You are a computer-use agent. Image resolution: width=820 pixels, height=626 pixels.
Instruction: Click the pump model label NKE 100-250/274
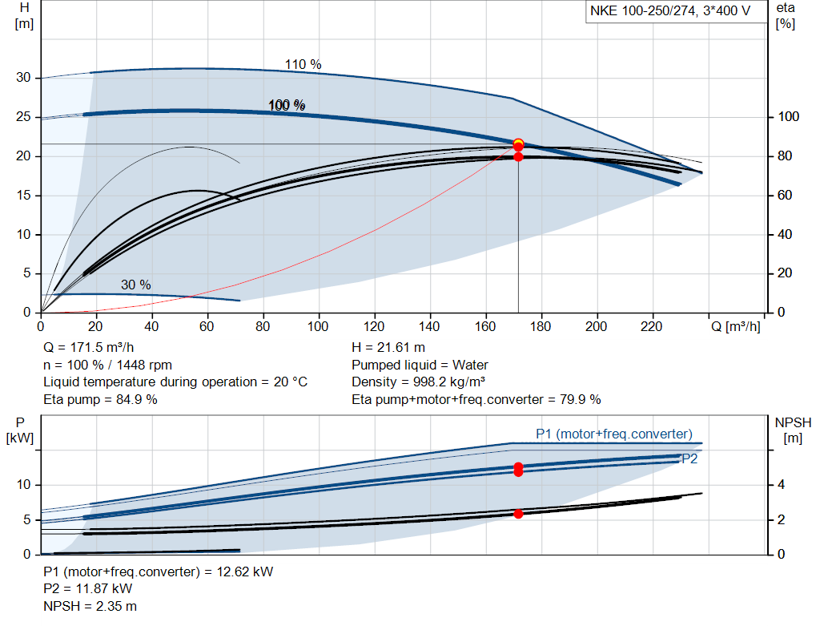(x=643, y=11)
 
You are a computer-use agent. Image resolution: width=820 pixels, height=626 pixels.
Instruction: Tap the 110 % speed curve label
(x=303, y=64)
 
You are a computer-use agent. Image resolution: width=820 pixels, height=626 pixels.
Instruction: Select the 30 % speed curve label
(x=136, y=285)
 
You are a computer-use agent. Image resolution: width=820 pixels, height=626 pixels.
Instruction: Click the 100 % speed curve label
(x=287, y=105)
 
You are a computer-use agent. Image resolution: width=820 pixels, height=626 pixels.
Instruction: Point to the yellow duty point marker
(x=518, y=143)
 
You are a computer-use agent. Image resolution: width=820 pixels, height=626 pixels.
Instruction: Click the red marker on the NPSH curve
(x=518, y=514)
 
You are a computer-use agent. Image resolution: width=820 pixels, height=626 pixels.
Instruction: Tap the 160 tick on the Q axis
(x=485, y=326)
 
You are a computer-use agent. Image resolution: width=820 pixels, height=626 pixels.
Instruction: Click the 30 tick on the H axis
(x=23, y=78)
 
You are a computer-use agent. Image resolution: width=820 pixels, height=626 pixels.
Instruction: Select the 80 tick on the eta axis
(x=785, y=156)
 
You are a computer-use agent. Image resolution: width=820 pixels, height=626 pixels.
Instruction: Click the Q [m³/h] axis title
(x=735, y=326)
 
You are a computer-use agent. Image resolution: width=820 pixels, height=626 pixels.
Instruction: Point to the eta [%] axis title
(x=786, y=16)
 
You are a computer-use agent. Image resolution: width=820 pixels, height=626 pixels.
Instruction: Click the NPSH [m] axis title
(x=793, y=430)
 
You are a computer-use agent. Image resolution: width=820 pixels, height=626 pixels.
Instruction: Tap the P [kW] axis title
(x=20, y=430)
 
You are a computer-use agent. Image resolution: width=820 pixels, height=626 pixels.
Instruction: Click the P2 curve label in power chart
(x=689, y=459)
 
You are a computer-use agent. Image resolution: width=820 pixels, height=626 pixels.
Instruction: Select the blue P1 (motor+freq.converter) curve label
(x=614, y=434)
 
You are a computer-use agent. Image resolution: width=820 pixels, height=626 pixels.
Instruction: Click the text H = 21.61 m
(x=388, y=348)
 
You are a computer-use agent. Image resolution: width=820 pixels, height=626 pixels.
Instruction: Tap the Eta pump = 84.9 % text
(x=100, y=400)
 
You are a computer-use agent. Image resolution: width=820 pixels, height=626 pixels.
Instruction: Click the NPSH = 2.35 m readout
(x=90, y=606)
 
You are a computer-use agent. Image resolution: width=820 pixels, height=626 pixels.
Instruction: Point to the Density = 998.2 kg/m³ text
(x=418, y=382)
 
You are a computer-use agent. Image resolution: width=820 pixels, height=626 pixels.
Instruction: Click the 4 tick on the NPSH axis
(x=781, y=485)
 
